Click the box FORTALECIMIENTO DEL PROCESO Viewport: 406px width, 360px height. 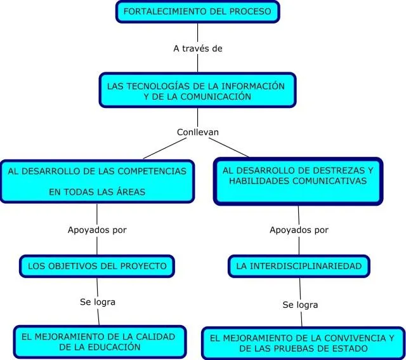197,11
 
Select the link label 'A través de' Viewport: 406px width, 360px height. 197,48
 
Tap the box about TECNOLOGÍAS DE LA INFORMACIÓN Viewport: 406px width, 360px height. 197,90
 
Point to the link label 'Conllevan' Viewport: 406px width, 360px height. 197,132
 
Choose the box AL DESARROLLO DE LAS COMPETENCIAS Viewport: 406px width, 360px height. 96,181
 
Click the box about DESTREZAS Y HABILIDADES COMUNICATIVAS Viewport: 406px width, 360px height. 298,181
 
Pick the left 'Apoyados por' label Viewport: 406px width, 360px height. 97,230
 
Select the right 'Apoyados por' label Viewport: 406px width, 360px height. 299,230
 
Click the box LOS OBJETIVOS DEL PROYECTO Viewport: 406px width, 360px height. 97,266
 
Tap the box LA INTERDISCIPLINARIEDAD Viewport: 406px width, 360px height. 299,266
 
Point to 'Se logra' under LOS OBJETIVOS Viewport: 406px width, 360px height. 98,302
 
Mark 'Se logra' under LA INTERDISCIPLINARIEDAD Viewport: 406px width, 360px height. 300,305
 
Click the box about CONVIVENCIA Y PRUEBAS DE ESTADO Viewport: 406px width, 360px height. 303,343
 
